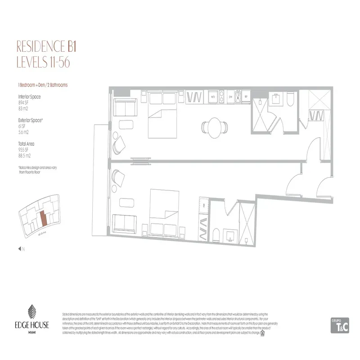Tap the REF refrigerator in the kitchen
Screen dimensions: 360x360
tap(246, 96)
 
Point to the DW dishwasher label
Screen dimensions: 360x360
tap(230, 96)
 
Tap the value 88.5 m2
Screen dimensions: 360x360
tap(24, 156)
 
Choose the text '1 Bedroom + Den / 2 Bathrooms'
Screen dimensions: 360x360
tap(43, 85)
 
